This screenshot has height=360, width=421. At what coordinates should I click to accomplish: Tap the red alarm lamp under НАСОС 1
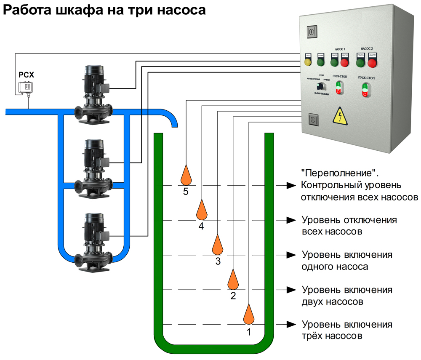(x=345, y=63)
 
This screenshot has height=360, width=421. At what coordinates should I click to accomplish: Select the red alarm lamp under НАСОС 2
(x=372, y=63)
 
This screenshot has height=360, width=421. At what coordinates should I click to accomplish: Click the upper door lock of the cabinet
(x=311, y=31)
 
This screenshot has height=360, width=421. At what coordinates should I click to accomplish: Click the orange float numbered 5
(x=186, y=175)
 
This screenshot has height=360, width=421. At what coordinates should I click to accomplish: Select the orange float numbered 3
(x=217, y=245)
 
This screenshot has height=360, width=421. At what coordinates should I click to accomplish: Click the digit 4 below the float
(x=201, y=227)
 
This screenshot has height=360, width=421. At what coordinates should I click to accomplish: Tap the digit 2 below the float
(x=233, y=296)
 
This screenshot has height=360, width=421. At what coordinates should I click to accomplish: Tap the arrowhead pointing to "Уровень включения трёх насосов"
(x=290, y=324)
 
